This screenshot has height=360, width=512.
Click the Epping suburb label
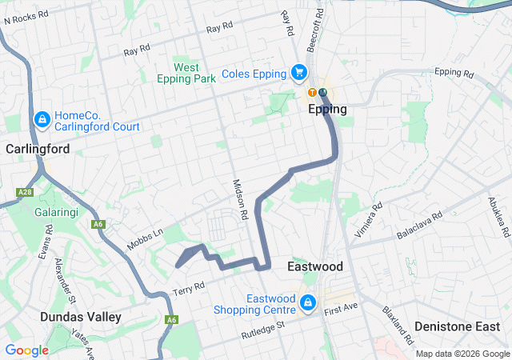[x=328, y=110]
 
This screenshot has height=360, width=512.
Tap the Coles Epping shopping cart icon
[x=299, y=73]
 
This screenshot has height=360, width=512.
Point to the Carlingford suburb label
[x=38, y=149]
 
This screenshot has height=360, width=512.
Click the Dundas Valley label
[x=81, y=317]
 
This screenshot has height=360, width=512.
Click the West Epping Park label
[x=187, y=74]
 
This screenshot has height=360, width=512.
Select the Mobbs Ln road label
[x=146, y=237]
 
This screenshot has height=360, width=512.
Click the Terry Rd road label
[x=190, y=287]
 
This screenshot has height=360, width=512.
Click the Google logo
[x=26, y=350]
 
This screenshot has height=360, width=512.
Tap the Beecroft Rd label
[x=318, y=26]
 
